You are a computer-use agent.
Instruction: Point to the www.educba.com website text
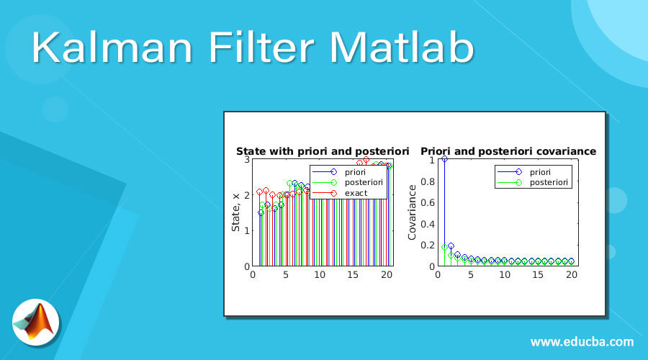[x=582, y=341]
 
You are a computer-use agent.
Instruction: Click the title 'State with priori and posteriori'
[x=323, y=151]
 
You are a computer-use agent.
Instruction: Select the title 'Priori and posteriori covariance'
[x=508, y=151]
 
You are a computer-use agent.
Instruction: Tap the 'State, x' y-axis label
[x=235, y=212]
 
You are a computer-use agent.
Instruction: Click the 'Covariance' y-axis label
[x=413, y=212]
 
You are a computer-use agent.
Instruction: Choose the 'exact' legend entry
[x=356, y=193]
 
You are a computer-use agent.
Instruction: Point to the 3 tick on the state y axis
[x=246, y=159]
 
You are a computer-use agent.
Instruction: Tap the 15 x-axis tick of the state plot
[x=353, y=274]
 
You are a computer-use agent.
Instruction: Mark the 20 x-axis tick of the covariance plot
[x=572, y=274]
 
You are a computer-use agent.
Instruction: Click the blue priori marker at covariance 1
[x=444, y=159]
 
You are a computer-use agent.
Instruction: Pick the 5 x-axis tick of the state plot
[x=286, y=274]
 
